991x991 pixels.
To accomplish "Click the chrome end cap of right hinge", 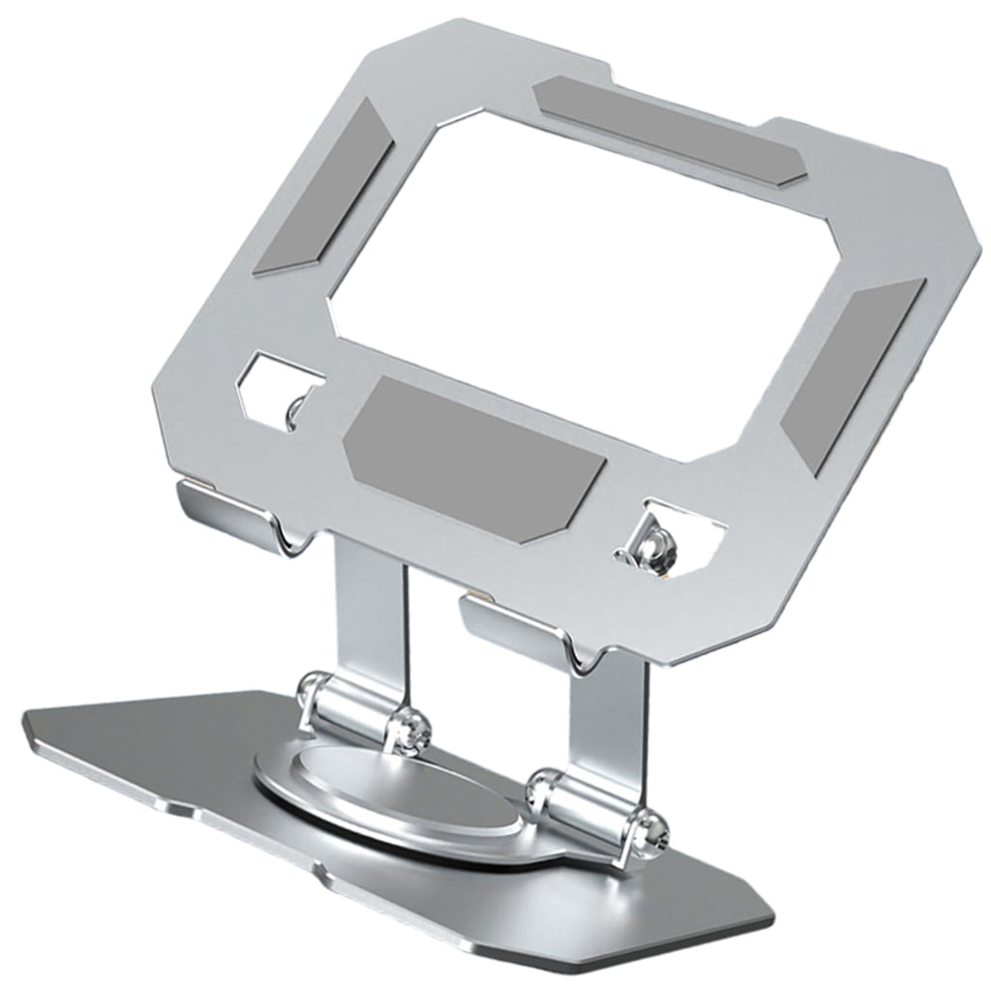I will (x=650, y=830).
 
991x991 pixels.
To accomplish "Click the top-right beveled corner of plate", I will (x=953, y=208).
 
